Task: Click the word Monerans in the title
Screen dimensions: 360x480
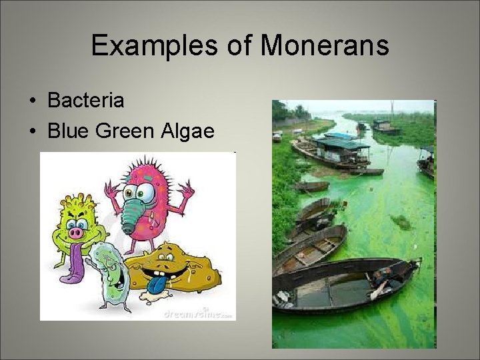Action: tap(325, 45)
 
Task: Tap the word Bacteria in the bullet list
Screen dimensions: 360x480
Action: tap(86, 101)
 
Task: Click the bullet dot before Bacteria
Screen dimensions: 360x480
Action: tap(33, 101)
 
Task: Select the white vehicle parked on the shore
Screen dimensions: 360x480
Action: tap(277, 136)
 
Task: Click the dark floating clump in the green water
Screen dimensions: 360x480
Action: tap(400, 221)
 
